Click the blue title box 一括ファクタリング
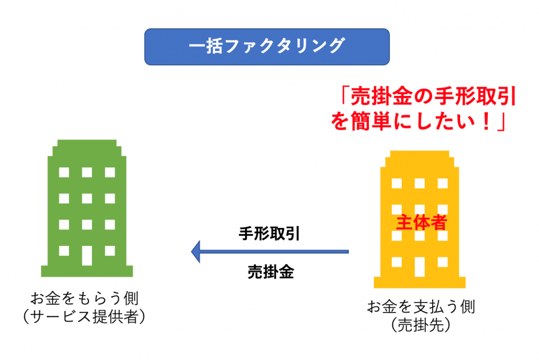[x=267, y=47]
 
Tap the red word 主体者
[x=422, y=223]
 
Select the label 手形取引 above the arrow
[x=269, y=234]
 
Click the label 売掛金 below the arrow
[x=271, y=272]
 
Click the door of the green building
[x=87, y=255]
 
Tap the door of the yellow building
[x=420, y=267]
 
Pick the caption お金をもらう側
[x=85, y=298]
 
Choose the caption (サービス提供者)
[x=85, y=316]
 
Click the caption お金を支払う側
[x=421, y=306]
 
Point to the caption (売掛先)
[x=421, y=325]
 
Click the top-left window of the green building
[x=64, y=172]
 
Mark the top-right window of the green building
[x=110, y=172]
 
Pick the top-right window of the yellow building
[x=443, y=183]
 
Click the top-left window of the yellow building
[x=397, y=183]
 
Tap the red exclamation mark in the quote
[x=486, y=121]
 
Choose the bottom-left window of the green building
[x=64, y=251]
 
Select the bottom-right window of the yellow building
[x=443, y=262]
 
